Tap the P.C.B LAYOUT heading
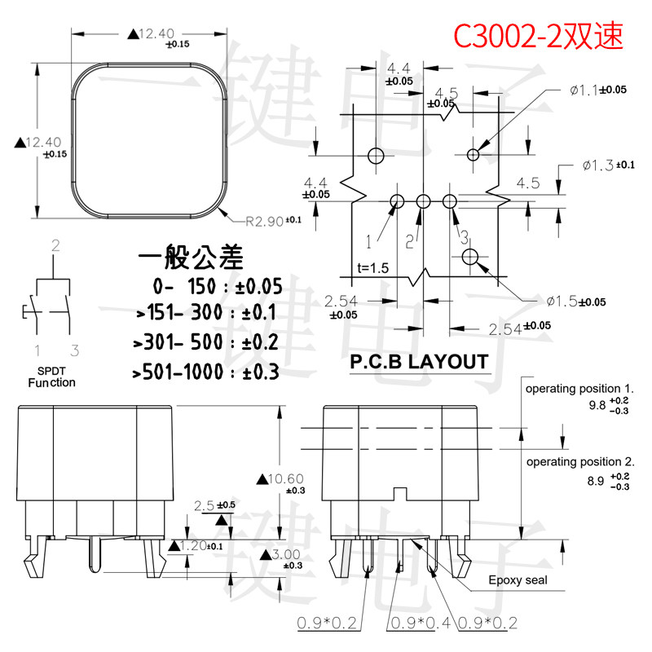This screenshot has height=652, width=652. pyautogui.click(x=419, y=362)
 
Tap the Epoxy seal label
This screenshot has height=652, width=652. pyautogui.click(x=518, y=580)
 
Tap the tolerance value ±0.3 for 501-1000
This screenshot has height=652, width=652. pyautogui.click(x=259, y=372)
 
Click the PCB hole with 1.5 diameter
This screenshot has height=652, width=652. pyautogui.click(x=470, y=258)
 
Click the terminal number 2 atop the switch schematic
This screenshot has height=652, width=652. pyautogui.click(x=55, y=244)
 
